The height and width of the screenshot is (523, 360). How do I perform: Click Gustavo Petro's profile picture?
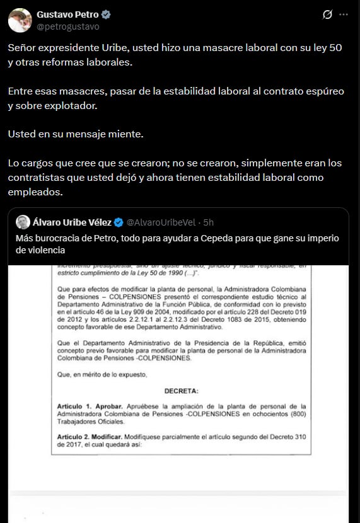(20, 20)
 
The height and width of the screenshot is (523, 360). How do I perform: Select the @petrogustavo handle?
(67, 26)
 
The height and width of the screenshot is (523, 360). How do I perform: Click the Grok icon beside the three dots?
(327, 14)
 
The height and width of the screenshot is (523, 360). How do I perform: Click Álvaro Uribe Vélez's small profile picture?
(23, 222)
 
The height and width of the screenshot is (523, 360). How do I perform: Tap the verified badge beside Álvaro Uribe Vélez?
(118, 222)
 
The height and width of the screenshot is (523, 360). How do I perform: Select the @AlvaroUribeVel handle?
(161, 222)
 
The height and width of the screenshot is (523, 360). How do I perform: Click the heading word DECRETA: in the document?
(182, 391)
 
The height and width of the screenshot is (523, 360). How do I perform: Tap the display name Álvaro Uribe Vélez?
(73, 222)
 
